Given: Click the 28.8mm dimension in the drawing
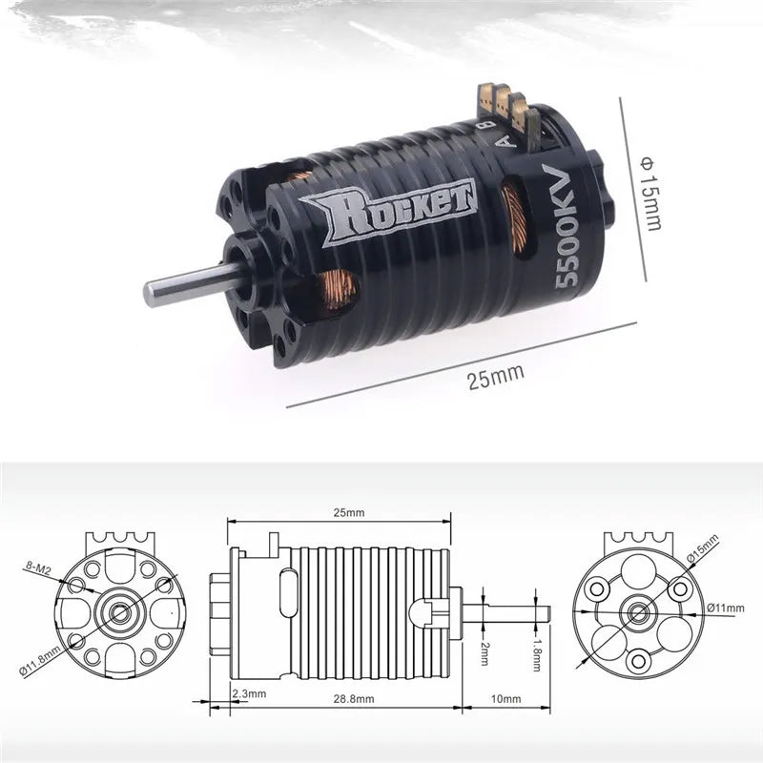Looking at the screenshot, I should [x=355, y=699].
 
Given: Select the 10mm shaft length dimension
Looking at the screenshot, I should [x=506, y=699].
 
